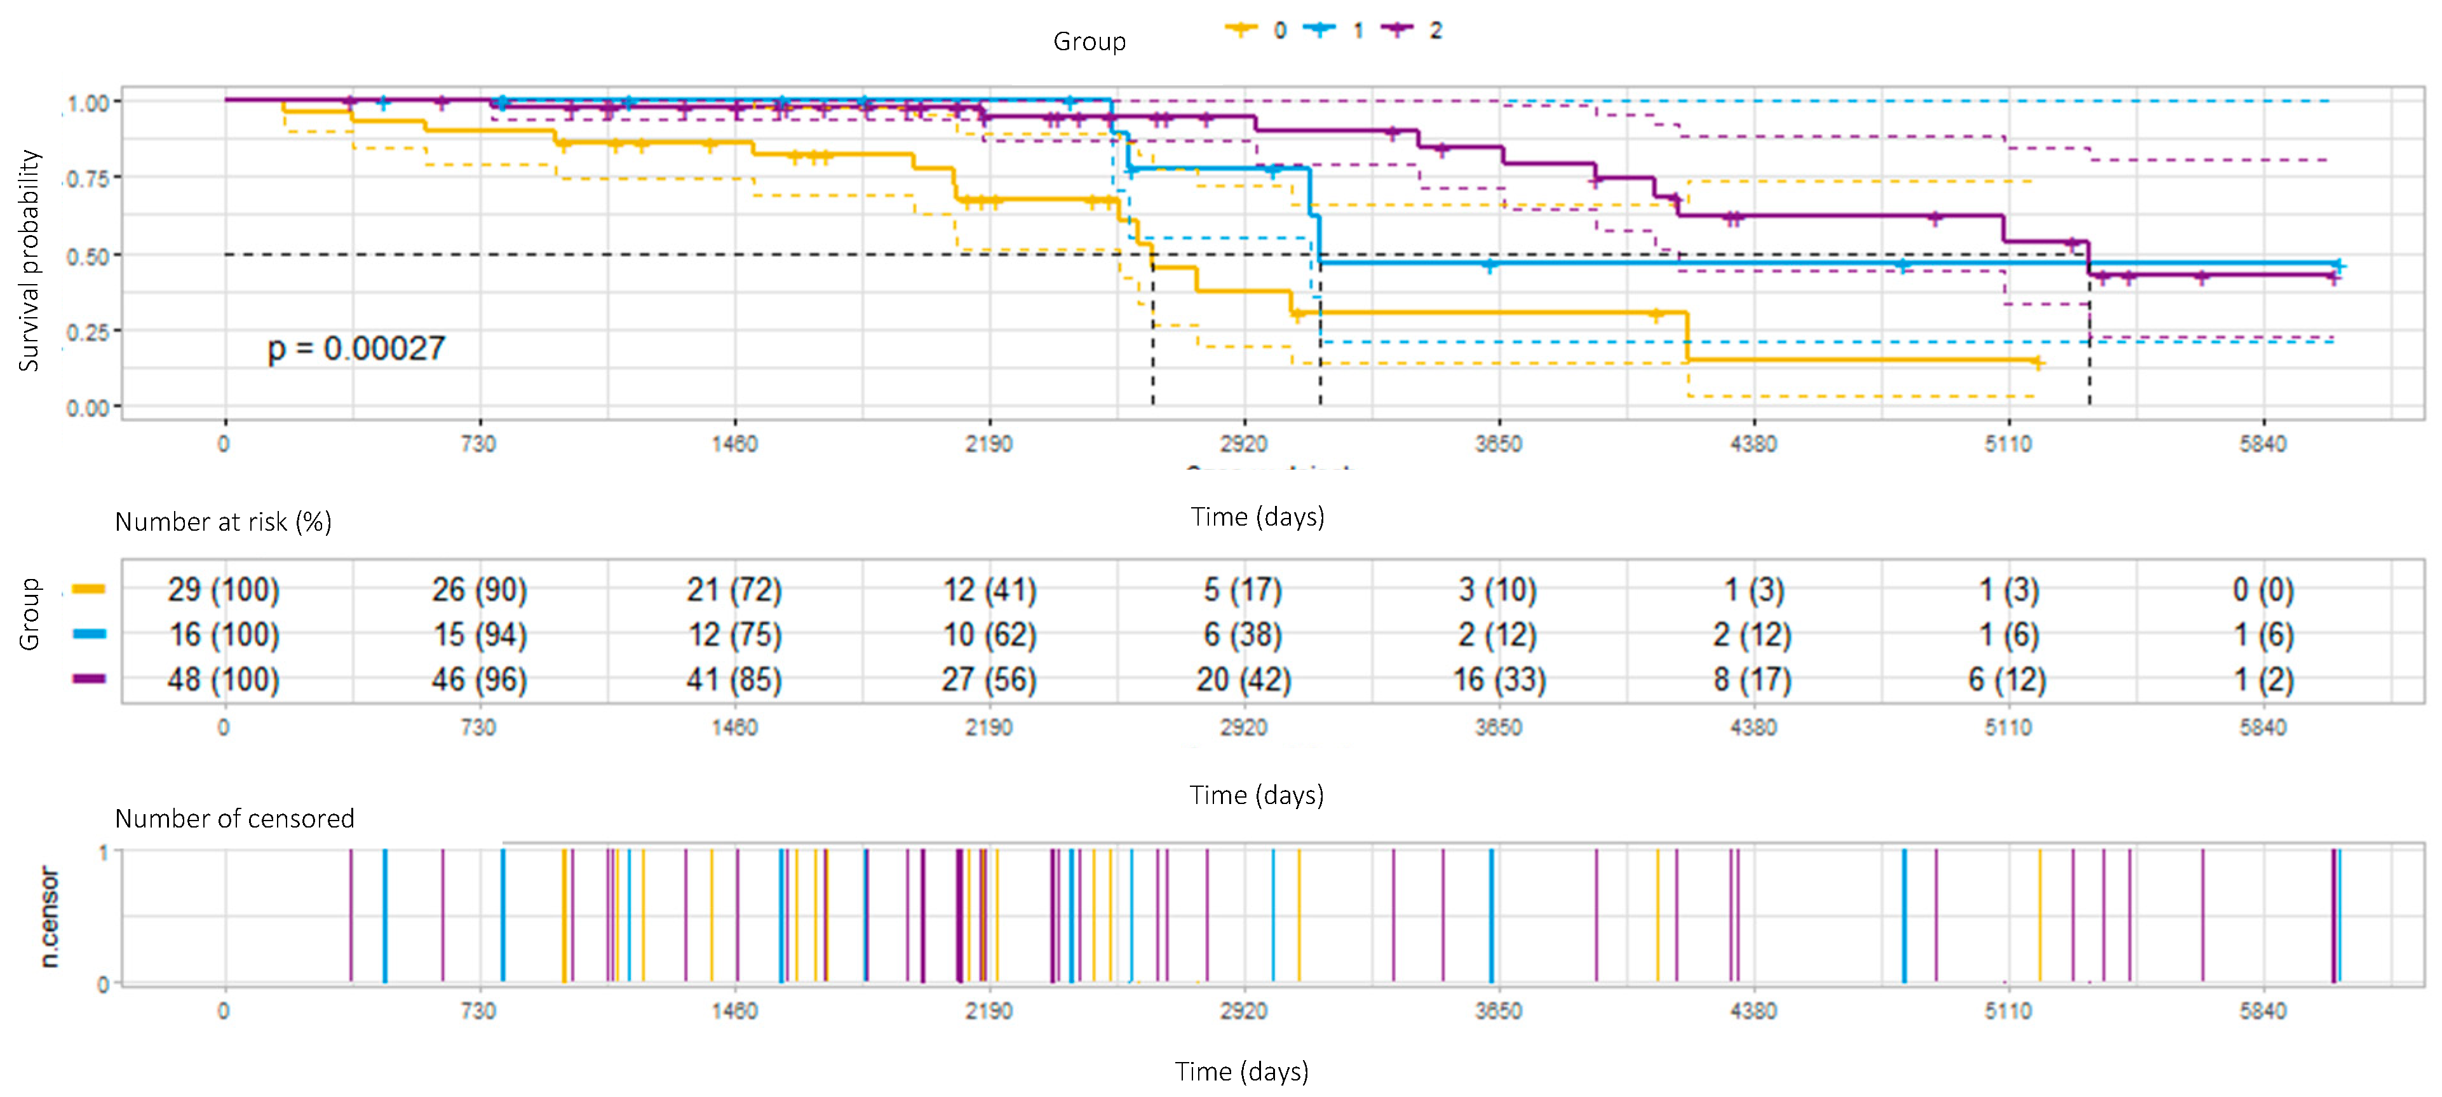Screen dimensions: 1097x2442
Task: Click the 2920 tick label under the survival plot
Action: (1243, 444)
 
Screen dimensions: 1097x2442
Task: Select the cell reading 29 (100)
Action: (224, 590)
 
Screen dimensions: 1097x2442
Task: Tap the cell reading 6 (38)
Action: (1243, 634)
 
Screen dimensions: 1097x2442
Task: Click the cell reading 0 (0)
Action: (2263, 590)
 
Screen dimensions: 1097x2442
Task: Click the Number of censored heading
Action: (234, 818)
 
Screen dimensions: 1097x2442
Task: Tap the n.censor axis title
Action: (50, 917)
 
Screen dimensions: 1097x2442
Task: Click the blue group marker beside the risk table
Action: (89, 634)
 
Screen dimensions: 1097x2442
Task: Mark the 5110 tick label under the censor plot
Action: (2008, 1011)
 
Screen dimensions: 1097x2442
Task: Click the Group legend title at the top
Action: (1089, 42)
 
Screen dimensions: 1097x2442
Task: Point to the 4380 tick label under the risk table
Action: (1753, 727)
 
